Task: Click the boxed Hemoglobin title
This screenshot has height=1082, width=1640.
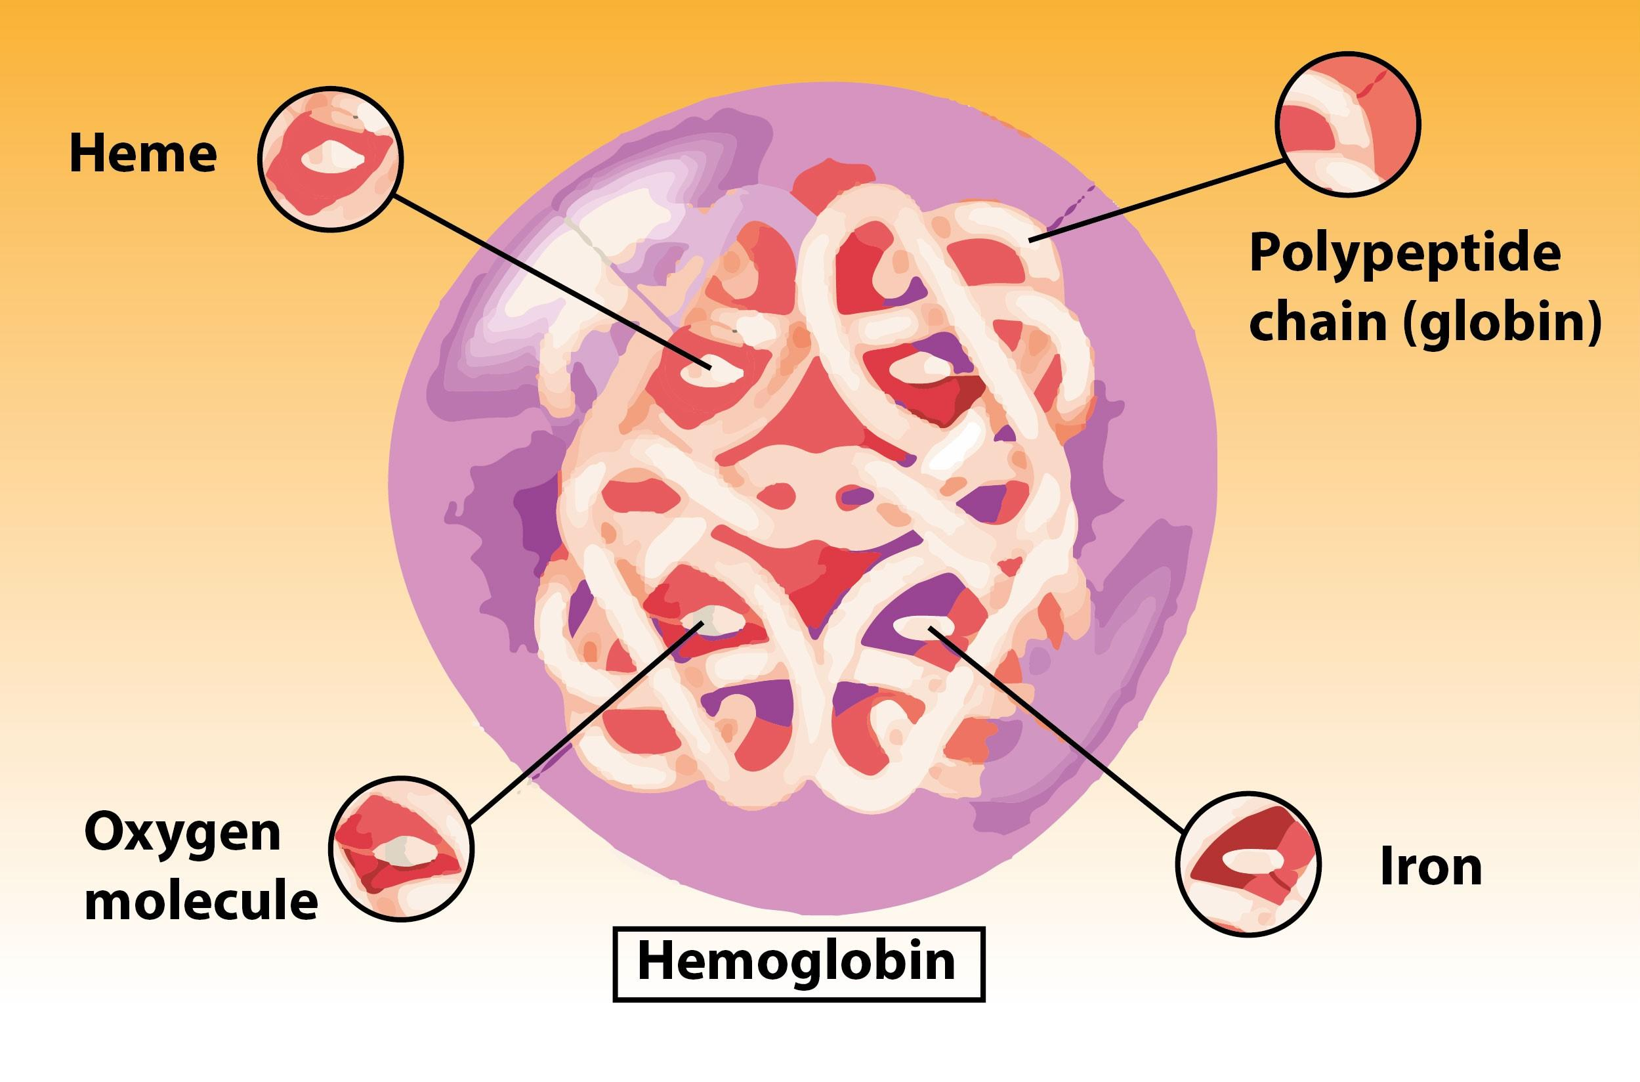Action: (x=799, y=963)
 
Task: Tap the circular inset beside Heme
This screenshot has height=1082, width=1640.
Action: (x=330, y=159)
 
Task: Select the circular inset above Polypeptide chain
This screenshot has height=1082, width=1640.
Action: (x=1347, y=124)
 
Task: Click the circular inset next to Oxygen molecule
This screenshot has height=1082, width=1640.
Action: (x=402, y=848)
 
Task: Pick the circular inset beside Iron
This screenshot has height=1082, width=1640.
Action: (x=1248, y=864)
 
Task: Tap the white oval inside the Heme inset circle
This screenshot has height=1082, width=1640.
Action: (x=333, y=156)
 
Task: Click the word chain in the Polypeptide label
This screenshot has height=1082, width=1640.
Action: (x=1317, y=322)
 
